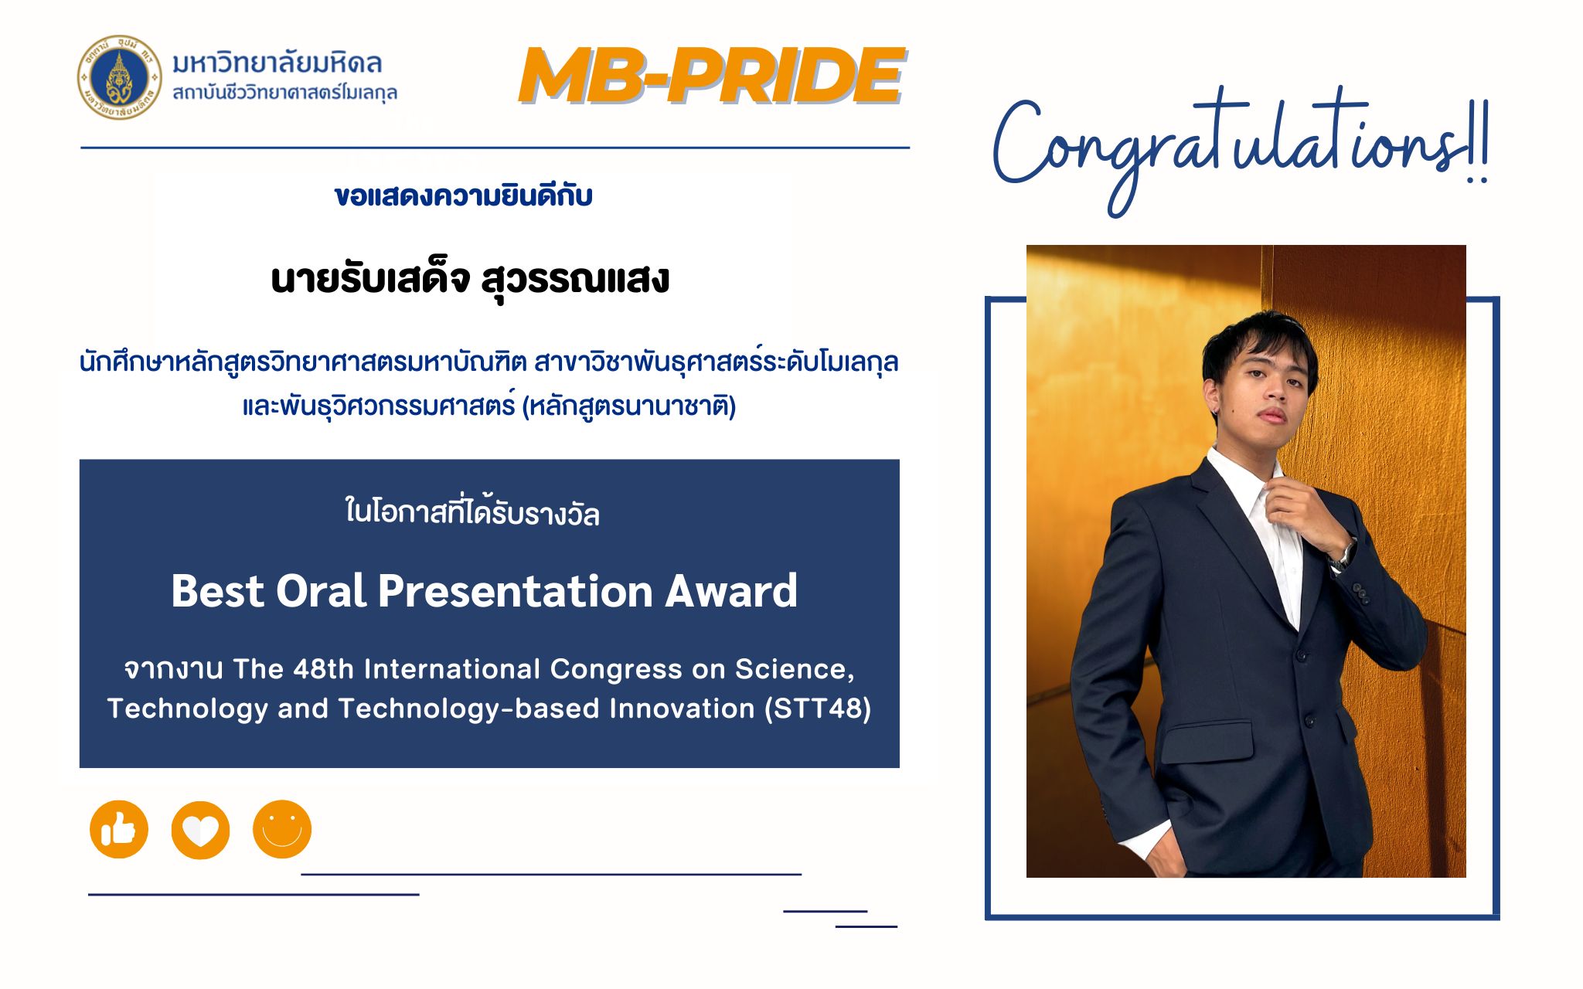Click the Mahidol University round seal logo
point(119,77)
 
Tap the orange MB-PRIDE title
point(711,76)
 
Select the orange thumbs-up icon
point(119,830)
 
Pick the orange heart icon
point(200,830)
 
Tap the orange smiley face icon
point(282,829)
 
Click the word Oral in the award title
point(321,591)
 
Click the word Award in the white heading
point(731,591)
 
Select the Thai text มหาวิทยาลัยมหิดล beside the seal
point(277,63)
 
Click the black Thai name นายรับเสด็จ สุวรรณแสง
point(470,280)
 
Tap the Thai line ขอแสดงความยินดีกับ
point(464,195)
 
